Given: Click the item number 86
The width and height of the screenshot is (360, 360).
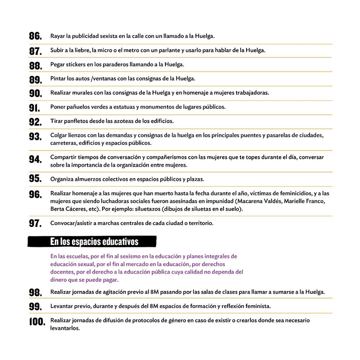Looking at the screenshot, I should coord(35,36).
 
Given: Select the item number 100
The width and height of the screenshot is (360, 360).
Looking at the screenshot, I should coord(37,322).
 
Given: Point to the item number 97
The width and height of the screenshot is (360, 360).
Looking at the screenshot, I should coord(35,223).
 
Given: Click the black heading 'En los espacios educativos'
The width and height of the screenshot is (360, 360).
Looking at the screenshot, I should coord(94,241).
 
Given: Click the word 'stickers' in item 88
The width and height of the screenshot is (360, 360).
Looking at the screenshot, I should coord(75,64).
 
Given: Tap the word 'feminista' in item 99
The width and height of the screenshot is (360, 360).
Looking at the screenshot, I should coord(258,306).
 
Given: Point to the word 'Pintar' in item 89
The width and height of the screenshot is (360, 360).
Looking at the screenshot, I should coord(58,79).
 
